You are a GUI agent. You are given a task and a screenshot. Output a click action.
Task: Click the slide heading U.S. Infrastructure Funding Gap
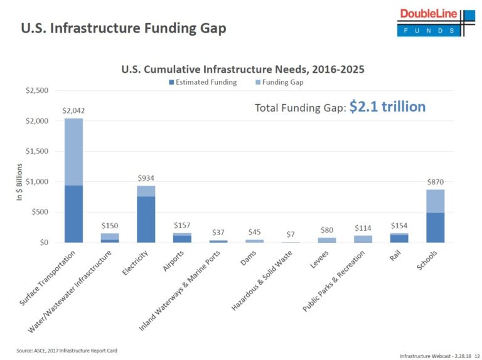point(123,29)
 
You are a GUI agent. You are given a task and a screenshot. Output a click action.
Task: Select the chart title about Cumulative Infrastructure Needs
point(242,69)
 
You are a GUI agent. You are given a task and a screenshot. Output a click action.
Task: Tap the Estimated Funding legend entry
point(201,82)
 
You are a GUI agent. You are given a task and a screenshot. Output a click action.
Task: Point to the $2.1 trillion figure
point(387,107)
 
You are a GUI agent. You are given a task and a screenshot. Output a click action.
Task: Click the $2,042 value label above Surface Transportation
point(73,110)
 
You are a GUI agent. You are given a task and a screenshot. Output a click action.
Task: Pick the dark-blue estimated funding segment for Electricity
point(147,219)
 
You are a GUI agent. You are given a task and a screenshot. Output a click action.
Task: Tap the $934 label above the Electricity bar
point(147,178)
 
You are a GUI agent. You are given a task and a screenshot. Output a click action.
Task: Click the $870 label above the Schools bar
point(435,182)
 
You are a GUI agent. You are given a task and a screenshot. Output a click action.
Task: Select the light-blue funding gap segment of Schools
point(435,201)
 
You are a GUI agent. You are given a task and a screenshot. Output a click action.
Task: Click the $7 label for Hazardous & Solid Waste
point(291,235)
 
